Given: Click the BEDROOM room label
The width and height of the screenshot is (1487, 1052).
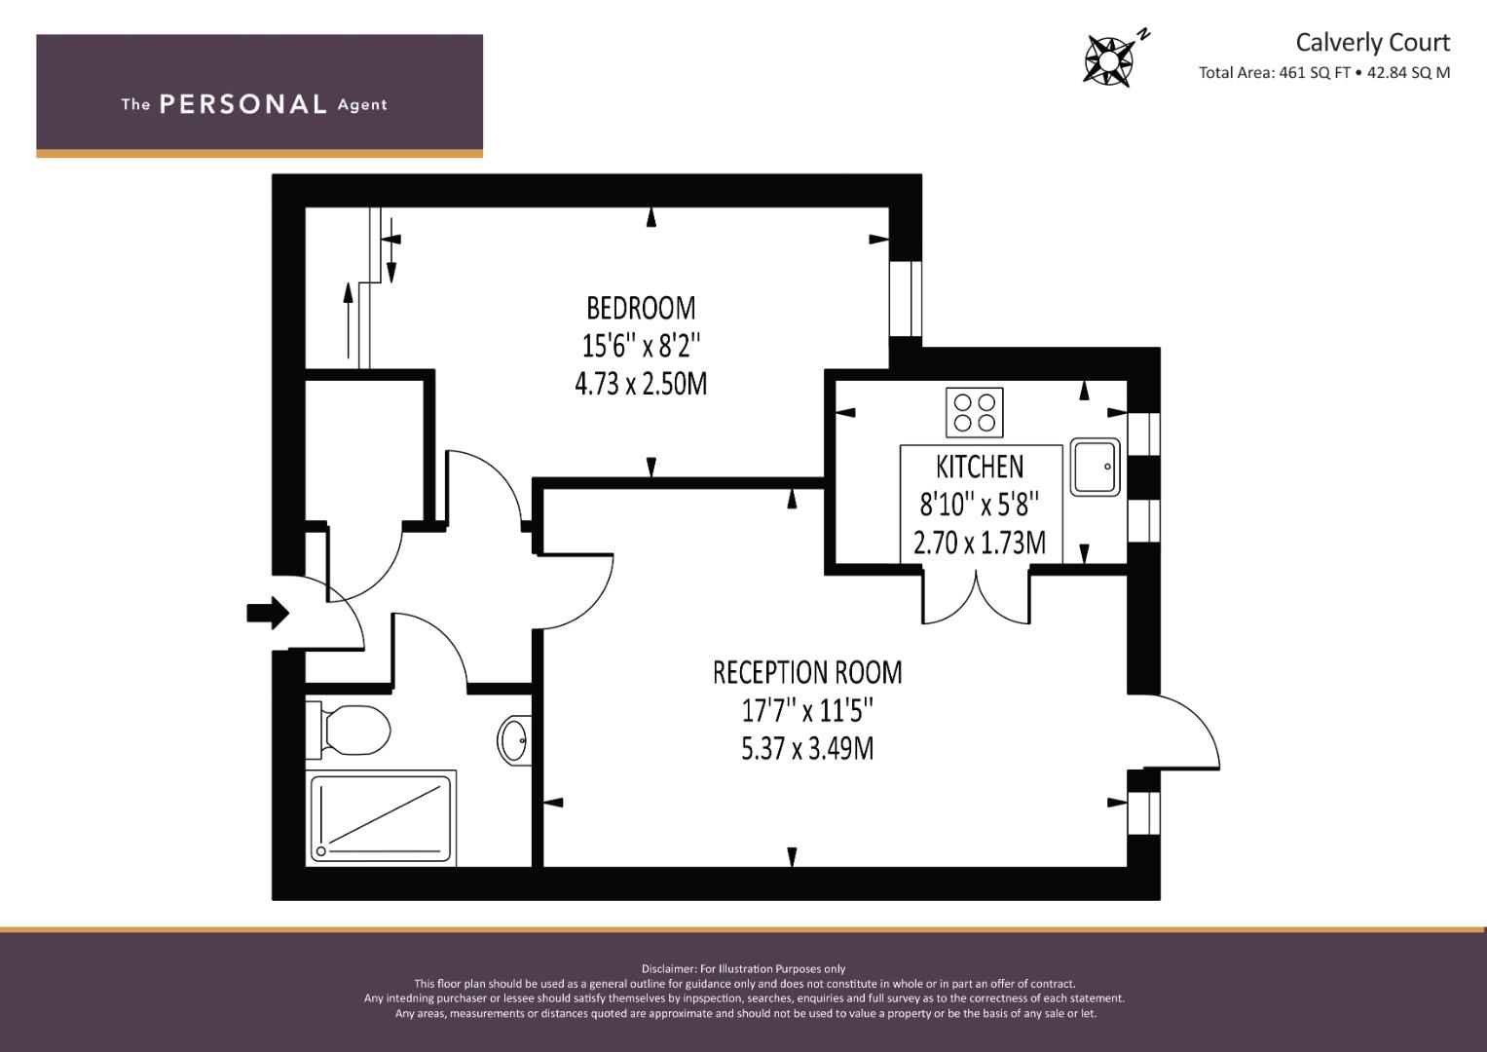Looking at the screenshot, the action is click(x=641, y=308).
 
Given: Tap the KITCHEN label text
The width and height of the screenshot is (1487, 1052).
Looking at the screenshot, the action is click(x=980, y=467).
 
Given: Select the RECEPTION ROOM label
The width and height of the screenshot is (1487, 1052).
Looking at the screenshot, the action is click(x=807, y=673).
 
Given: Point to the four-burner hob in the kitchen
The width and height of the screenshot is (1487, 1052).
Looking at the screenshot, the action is click(x=975, y=412).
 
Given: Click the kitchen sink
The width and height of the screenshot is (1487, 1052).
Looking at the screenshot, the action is click(x=1095, y=467).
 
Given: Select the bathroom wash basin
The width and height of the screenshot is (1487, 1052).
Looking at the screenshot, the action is click(x=515, y=740).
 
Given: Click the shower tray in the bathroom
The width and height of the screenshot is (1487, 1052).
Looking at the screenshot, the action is click(x=381, y=818).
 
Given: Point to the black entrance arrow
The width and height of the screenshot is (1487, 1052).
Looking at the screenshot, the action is click(x=268, y=613).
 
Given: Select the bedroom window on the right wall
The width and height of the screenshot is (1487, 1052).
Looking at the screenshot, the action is click(x=906, y=299).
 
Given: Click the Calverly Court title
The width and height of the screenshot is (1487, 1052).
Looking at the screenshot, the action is click(x=1372, y=43).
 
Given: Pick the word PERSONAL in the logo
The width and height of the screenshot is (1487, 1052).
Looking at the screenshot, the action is click(x=243, y=104).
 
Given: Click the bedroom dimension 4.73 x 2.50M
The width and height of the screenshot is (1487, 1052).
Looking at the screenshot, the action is click(x=641, y=384).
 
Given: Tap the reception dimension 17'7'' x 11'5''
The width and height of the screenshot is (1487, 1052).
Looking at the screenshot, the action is click(x=807, y=711).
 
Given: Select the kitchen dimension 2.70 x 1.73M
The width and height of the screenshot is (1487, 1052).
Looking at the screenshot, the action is click(x=980, y=544).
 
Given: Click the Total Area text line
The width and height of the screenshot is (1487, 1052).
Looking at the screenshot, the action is click(x=1324, y=73).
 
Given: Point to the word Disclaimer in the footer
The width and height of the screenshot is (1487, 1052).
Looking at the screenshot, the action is click(x=668, y=969).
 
